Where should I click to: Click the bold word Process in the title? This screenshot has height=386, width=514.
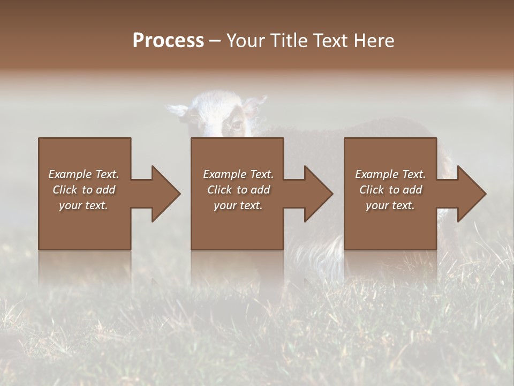(x=168, y=41)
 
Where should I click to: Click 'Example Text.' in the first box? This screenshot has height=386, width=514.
(x=84, y=174)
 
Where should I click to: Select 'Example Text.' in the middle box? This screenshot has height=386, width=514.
(x=238, y=174)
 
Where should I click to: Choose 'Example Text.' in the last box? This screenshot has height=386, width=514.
(x=390, y=174)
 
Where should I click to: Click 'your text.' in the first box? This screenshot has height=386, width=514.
(x=84, y=205)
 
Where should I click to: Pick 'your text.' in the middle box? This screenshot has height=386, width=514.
(x=238, y=205)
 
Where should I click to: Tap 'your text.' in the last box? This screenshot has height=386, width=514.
(x=390, y=205)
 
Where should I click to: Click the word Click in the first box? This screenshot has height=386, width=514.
(x=65, y=190)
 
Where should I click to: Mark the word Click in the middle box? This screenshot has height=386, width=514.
(x=220, y=190)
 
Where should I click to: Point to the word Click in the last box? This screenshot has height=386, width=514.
(x=372, y=190)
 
